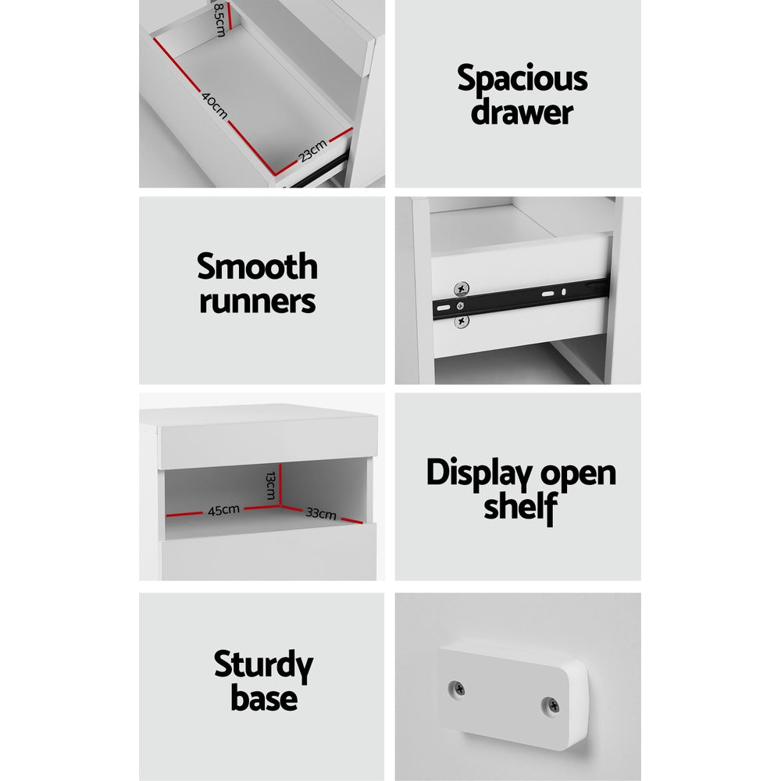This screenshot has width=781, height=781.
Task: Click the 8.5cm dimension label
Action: pyautogui.click(x=219, y=20)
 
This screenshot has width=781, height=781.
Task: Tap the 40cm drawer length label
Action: pyautogui.click(x=215, y=105)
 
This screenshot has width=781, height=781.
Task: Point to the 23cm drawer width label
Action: pyautogui.click(x=313, y=151)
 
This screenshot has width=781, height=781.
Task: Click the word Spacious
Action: pyautogui.click(x=522, y=79)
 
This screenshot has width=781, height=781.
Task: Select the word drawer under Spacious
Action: pyautogui.click(x=522, y=112)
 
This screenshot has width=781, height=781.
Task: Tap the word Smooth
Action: pyautogui.click(x=257, y=266)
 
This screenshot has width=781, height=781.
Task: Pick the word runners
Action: pyautogui.click(x=257, y=301)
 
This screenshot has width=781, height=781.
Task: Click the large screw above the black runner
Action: pyautogui.click(x=462, y=289)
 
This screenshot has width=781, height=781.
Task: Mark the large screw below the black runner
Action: pyautogui.click(x=462, y=321)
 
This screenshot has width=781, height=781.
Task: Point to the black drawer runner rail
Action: pyautogui.click(x=521, y=298)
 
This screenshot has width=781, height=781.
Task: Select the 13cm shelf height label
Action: pyautogui.click(x=270, y=485)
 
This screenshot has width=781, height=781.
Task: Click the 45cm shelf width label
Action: pyautogui.click(x=223, y=511)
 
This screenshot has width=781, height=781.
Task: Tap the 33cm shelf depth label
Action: pyautogui.click(x=321, y=513)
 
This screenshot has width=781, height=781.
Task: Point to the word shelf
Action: pyautogui.click(x=520, y=507)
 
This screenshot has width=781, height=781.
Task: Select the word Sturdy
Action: pyautogui.click(x=263, y=666)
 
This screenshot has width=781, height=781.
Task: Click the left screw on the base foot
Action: pyautogui.click(x=457, y=690)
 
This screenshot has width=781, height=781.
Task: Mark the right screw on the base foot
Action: pyautogui.click(x=551, y=705)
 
